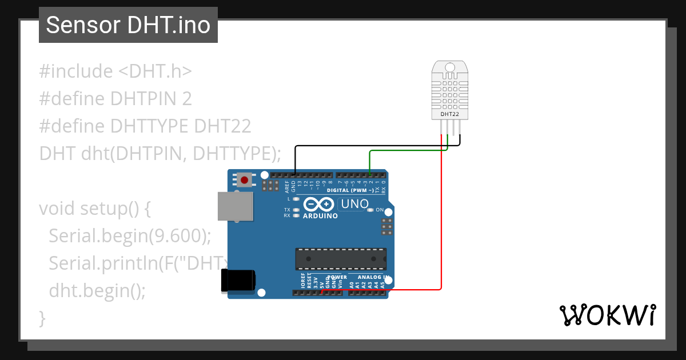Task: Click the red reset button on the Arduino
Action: [x=245, y=181]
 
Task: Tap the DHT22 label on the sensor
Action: [x=450, y=114]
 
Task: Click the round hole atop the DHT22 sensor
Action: [x=450, y=68]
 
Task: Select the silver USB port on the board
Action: [x=235, y=206]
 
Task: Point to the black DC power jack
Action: [x=238, y=281]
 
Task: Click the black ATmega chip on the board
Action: [x=341, y=259]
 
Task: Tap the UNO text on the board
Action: [x=354, y=204]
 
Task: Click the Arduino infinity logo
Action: [x=320, y=205]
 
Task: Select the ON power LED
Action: [x=371, y=210]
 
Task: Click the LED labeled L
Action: [x=296, y=199]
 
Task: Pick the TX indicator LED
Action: [x=296, y=210]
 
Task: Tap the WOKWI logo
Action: [x=607, y=315]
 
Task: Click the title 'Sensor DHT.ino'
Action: [x=128, y=25]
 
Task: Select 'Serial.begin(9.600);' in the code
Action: [x=130, y=235]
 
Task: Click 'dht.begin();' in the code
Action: [x=97, y=290]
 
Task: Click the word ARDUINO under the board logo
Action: [x=320, y=216]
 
